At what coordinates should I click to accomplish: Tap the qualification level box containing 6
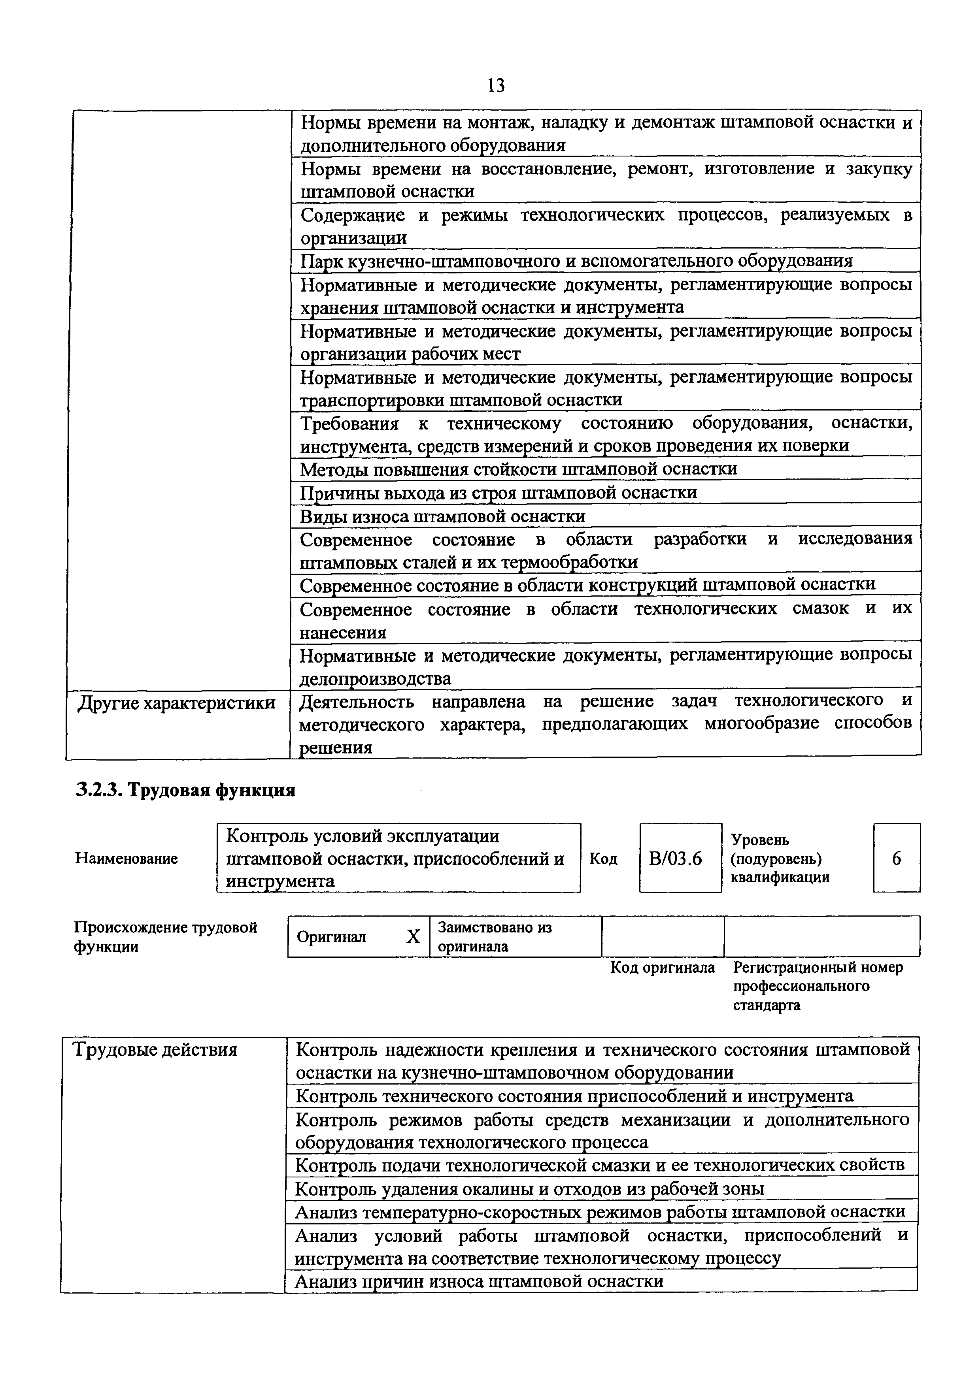(x=896, y=858)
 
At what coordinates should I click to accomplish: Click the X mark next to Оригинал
(x=413, y=937)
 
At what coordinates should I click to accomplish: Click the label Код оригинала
(x=663, y=968)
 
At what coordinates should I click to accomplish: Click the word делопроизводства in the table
(x=376, y=678)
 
